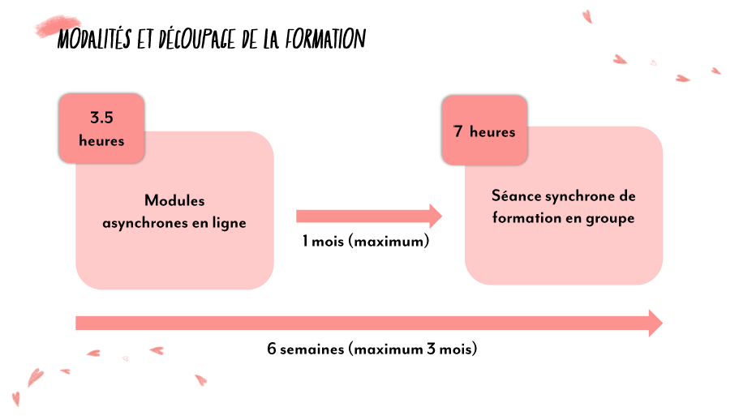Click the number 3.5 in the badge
pos(101,118)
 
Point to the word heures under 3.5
pos(101,141)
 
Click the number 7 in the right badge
pos(458,131)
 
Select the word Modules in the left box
pos(174,201)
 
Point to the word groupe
pos(609,218)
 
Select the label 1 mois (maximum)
pos(365,242)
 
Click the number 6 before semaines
pos(272,350)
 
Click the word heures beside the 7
pos(492,131)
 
